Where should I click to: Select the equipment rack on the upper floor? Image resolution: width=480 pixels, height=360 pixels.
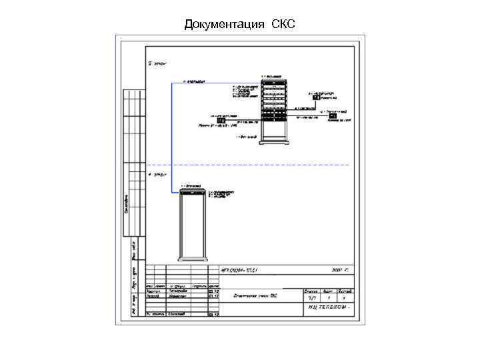(x=273, y=107)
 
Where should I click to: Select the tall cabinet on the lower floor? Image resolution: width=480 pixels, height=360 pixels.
(x=194, y=227)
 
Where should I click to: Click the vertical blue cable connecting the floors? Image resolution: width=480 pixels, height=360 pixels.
(x=172, y=133)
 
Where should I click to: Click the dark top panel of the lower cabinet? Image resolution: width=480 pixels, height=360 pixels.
(x=194, y=192)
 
